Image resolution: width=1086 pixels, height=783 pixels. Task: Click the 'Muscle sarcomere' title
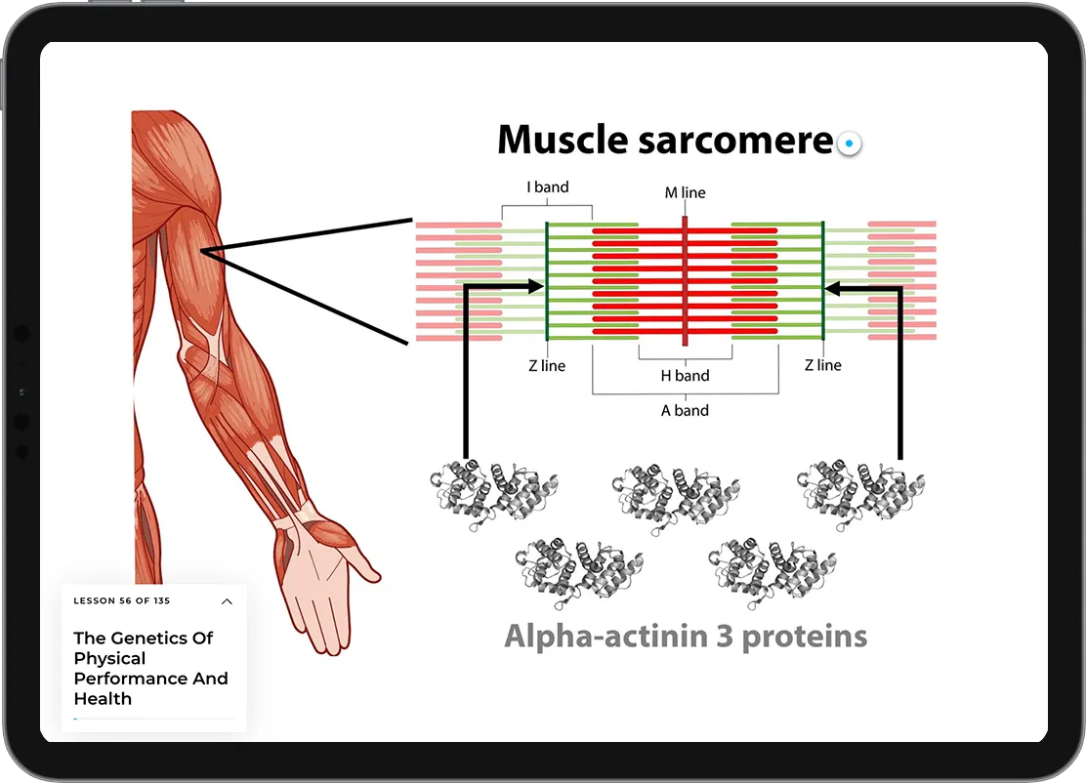pos(664,141)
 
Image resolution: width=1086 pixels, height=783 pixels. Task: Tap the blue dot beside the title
pos(850,144)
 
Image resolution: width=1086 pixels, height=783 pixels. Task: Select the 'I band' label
pos(547,186)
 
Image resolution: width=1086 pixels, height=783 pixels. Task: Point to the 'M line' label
pos(685,193)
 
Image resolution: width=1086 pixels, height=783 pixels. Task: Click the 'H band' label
pos(685,376)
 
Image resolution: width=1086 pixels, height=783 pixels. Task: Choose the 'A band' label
pos(685,411)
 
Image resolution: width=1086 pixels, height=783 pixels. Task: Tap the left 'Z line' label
pos(547,366)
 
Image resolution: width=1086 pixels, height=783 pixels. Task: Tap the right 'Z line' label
pos(822,365)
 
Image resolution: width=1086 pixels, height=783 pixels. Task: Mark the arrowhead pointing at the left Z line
pos(536,286)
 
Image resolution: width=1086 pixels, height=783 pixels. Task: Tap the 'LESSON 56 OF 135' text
pos(122,601)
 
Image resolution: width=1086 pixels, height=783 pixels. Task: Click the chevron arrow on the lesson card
pos(227,601)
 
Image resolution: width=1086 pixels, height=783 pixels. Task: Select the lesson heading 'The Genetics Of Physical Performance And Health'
pos(151,669)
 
